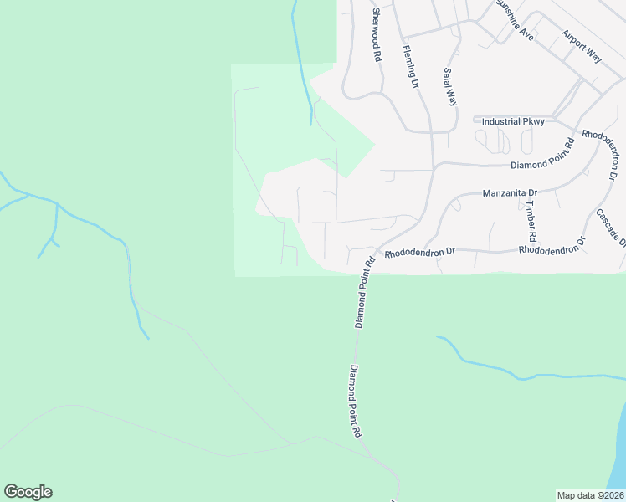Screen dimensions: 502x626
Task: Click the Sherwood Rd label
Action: [377, 34]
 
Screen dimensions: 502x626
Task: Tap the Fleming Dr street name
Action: [409, 66]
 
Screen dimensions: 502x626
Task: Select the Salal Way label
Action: [449, 86]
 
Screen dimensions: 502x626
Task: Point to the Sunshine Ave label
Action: [514, 20]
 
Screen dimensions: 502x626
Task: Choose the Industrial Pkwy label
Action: [509, 121]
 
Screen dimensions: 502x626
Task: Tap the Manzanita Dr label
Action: [510, 192]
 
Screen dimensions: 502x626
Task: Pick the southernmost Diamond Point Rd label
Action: [355, 402]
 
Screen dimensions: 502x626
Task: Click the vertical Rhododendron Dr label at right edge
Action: [602, 156]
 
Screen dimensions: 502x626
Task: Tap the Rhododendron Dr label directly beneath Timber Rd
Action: [552, 248]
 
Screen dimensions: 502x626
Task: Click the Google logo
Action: [28, 492]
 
